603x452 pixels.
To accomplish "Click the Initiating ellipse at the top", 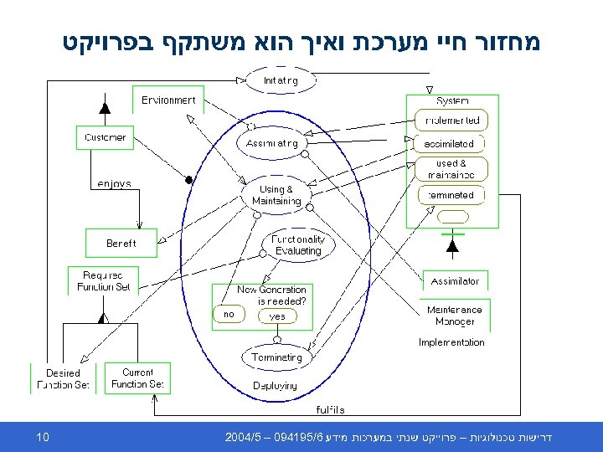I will point(280,80).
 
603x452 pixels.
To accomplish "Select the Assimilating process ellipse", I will point(272,143).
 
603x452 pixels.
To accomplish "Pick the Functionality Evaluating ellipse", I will point(298,244).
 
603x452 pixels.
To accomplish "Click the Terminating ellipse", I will point(276,357).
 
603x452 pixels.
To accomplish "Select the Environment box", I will point(167,100).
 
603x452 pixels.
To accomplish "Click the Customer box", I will point(105,137).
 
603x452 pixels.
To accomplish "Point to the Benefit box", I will point(121,244).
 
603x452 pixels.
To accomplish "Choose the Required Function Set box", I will point(103,280).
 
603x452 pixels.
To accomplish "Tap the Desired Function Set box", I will point(63,378).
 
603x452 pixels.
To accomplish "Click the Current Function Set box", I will point(137,378).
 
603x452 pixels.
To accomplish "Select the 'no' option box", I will point(228,314).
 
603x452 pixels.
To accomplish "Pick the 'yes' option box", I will point(277,316).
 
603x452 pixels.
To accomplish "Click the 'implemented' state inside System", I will point(452,121).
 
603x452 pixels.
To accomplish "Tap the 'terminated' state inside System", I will point(451,195).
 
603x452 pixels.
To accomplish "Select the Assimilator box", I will point(456,281).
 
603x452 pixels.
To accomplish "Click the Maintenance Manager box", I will point(455,315).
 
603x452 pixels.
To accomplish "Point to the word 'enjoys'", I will point(114,183).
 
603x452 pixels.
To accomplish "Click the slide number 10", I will point(44,437).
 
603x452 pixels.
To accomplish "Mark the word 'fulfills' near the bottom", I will point(330,410).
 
